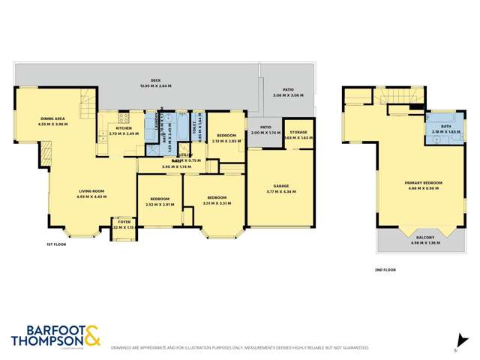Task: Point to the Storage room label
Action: point(298,132)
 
